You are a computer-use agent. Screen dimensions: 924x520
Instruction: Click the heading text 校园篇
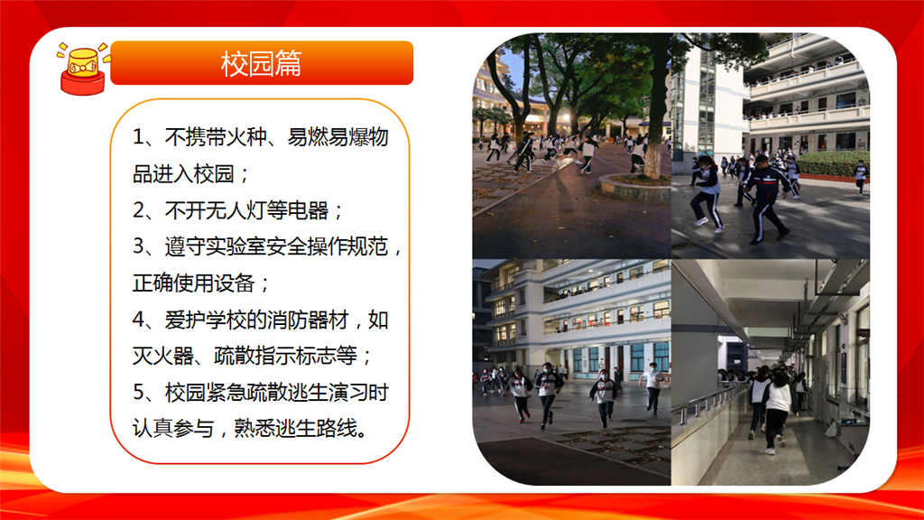(261, 64)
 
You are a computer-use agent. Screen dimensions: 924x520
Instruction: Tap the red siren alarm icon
(83, 69)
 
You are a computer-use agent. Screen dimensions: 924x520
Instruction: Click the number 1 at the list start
(138, 137)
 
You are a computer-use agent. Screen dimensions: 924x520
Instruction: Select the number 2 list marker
(138, 210)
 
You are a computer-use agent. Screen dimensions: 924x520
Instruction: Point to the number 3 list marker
(138, 246)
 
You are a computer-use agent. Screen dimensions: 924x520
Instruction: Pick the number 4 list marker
(138, 320)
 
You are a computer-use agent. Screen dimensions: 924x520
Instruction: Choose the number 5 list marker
(138, 393)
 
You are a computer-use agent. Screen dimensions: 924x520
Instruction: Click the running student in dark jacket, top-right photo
(766, 199)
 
